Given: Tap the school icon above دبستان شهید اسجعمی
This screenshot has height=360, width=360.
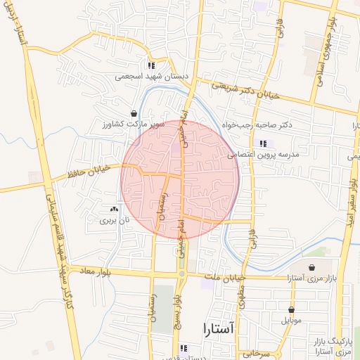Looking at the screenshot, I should pyautogui.click(x=151, y=65).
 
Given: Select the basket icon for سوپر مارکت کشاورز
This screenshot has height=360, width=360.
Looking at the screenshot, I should pyautogui.click(x=134, y=113).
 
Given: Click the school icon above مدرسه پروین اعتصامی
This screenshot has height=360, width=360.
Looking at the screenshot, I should pyautogui.click(x=262, y=143).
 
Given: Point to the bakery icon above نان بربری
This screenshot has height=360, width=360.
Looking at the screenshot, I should pyautogui.click(x=114, y=210).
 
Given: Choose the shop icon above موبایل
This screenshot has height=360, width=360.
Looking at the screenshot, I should pyautogui.click(x=291, y=309).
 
